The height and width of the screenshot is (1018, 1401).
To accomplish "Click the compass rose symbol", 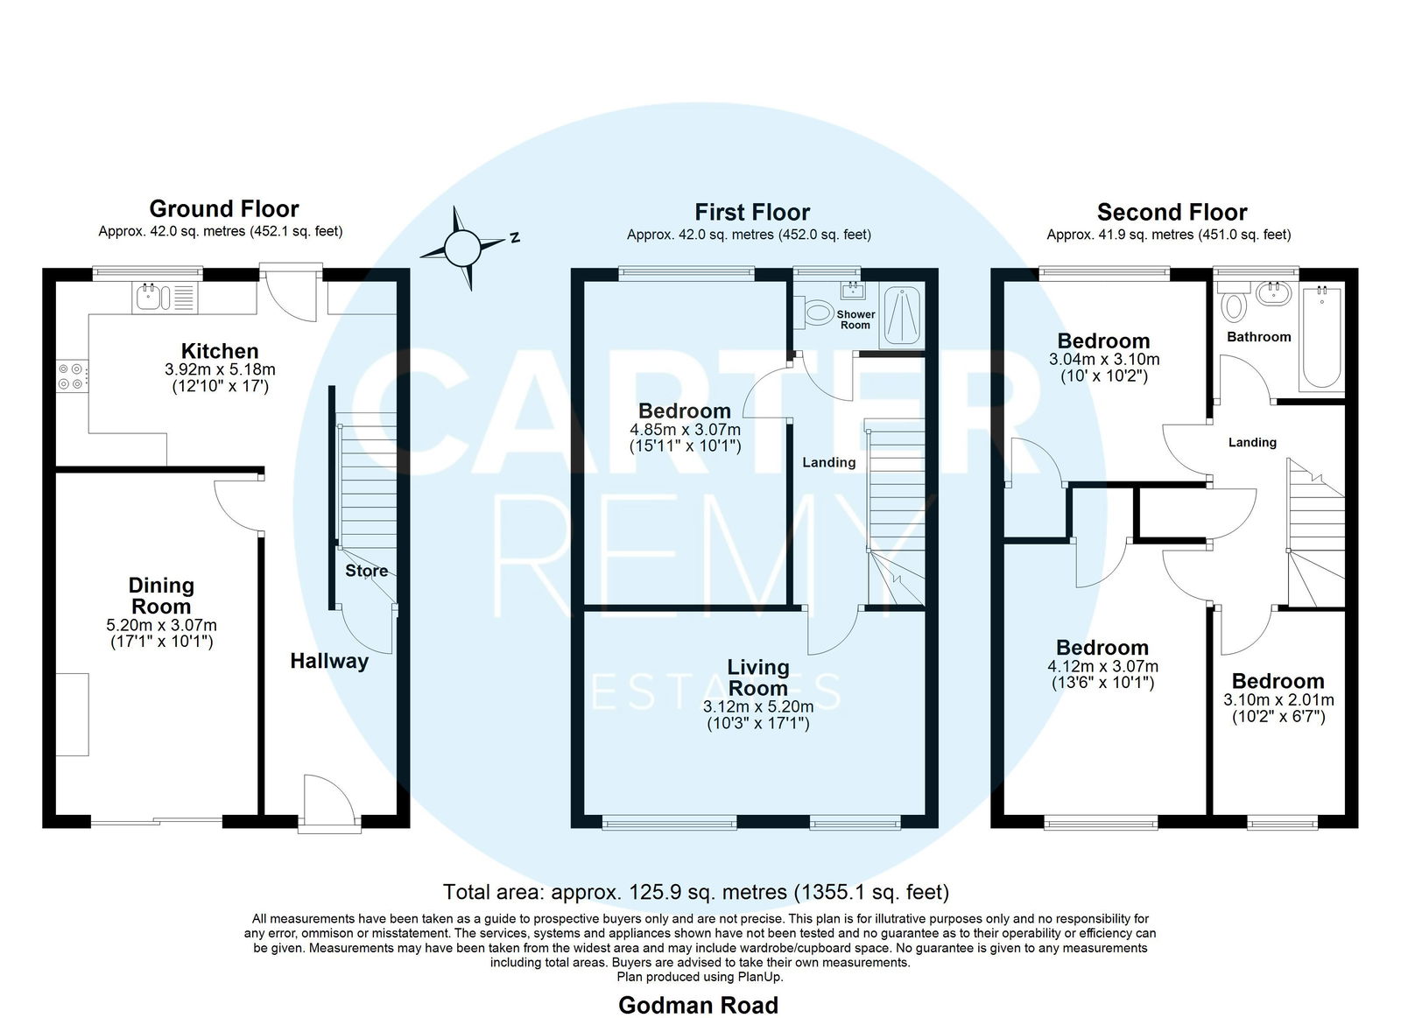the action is click(x=463, y=249).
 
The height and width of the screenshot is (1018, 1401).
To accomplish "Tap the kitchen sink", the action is click(x=165, y=297).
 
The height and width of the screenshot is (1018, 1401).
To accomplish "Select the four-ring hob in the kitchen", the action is click(x=73, y=376).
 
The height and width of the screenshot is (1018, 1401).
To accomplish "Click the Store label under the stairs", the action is click(x=367, y=571).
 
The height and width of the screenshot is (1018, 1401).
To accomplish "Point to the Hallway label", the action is click(x=329, y=661).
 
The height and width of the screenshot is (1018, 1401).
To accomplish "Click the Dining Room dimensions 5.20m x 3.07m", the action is click(x=161, y=625).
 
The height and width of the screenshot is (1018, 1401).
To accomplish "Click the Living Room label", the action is click(x=758, y=677).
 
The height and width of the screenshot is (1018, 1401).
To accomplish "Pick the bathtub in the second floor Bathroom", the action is click(x=1321, y=338).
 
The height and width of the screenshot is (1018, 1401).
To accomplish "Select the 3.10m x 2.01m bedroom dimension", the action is click(x=1278, y=699).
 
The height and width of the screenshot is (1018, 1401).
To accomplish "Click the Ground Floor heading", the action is click(x=224, y=208).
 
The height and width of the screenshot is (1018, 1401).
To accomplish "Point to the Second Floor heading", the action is click(x=1172, y=212).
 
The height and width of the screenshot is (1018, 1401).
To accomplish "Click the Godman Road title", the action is click(x=698, y=1005).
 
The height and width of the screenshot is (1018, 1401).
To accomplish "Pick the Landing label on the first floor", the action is click(x=828, y=462).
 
